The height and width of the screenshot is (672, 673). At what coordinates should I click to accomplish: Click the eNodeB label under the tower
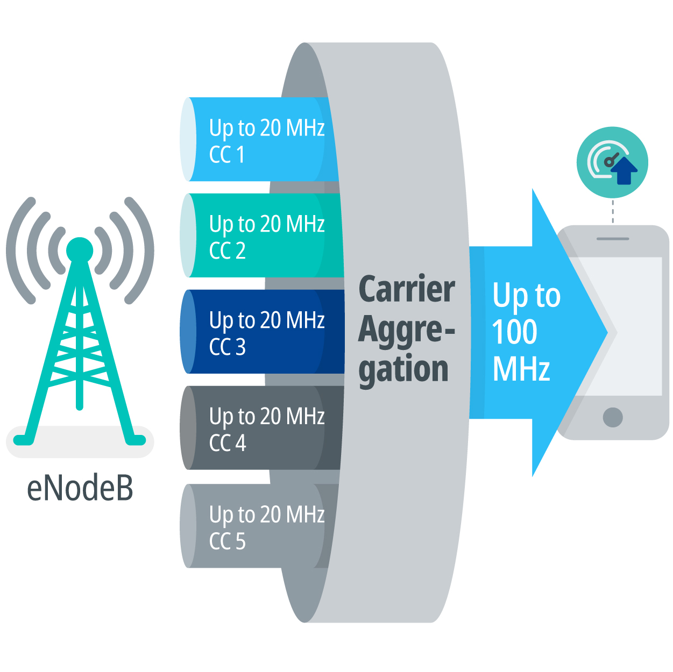[x=80, y=488]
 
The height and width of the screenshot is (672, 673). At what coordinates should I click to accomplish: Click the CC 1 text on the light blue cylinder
[x=227, y=155]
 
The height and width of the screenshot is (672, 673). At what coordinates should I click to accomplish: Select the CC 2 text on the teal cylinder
[x=227, y=251]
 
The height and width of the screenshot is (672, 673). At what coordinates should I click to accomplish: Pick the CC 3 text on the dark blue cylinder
[x=227, y=347]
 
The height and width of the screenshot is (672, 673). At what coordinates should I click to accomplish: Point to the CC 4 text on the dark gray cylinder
[x=227, y=444]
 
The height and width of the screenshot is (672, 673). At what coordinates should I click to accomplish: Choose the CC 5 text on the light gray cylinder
[x=227, y=541]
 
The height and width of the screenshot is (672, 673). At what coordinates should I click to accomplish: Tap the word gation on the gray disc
[x=403, y=370]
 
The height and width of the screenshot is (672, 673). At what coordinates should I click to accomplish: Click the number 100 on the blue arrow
[x=514, y=332]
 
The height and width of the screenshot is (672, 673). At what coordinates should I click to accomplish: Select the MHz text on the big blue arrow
[x=521, y=369]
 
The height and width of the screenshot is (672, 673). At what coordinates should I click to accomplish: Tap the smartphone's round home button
[x=613, y=417]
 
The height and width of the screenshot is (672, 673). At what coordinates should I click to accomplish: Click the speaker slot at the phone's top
[x=613, y=239]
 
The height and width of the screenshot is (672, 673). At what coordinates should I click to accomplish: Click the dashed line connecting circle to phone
[x=613, y=212]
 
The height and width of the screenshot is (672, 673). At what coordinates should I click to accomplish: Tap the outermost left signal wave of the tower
[x=17, y=251]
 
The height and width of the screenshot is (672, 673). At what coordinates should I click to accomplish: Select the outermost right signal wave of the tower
[x=143, y=251]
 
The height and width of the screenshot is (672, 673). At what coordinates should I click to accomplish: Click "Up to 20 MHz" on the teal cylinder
[x=267, y=224]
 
